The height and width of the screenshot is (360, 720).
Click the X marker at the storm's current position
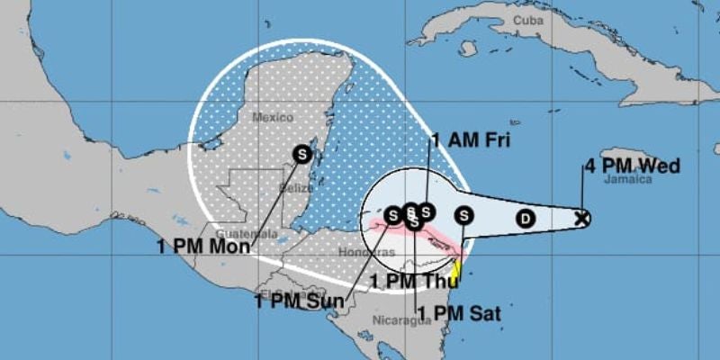point(582,217)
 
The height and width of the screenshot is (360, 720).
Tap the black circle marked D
point(526,217)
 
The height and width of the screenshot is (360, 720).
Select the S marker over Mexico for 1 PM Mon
point(302,153)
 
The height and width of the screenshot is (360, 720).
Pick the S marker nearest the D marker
point(463,215)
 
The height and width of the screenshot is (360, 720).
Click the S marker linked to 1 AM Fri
point(427,212)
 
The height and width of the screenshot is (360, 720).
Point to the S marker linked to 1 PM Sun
point(392,215)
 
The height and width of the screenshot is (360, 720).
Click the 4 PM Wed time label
point(631,166)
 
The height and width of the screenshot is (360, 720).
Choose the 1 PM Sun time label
point(298,301)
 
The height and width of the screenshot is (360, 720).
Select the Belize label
point(299,188)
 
